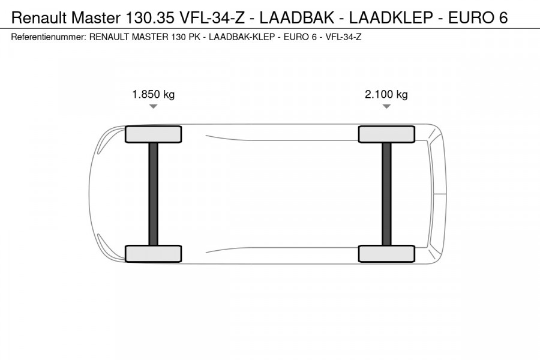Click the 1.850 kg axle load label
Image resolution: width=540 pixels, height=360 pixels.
click(153, 94)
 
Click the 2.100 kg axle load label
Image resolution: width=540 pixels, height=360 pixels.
click(386, 94)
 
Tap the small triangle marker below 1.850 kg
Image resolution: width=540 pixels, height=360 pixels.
click(153, 107)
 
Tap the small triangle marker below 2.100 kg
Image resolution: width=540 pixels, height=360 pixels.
click(386, 107)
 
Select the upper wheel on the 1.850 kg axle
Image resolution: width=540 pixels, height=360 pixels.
click(153, 134)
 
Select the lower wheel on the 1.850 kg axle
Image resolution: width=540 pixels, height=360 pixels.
click(153, 253)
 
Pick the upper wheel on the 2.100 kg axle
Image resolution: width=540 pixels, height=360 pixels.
click(386, 134)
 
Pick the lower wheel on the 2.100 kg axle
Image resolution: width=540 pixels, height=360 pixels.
click(386, 253)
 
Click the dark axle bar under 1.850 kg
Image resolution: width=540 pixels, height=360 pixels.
click(153, 194)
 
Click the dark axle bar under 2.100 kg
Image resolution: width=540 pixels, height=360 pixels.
click(386, 194)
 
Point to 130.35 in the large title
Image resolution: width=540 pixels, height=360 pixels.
click(146, 17)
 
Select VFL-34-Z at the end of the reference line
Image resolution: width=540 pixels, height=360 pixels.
click(343, 37)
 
